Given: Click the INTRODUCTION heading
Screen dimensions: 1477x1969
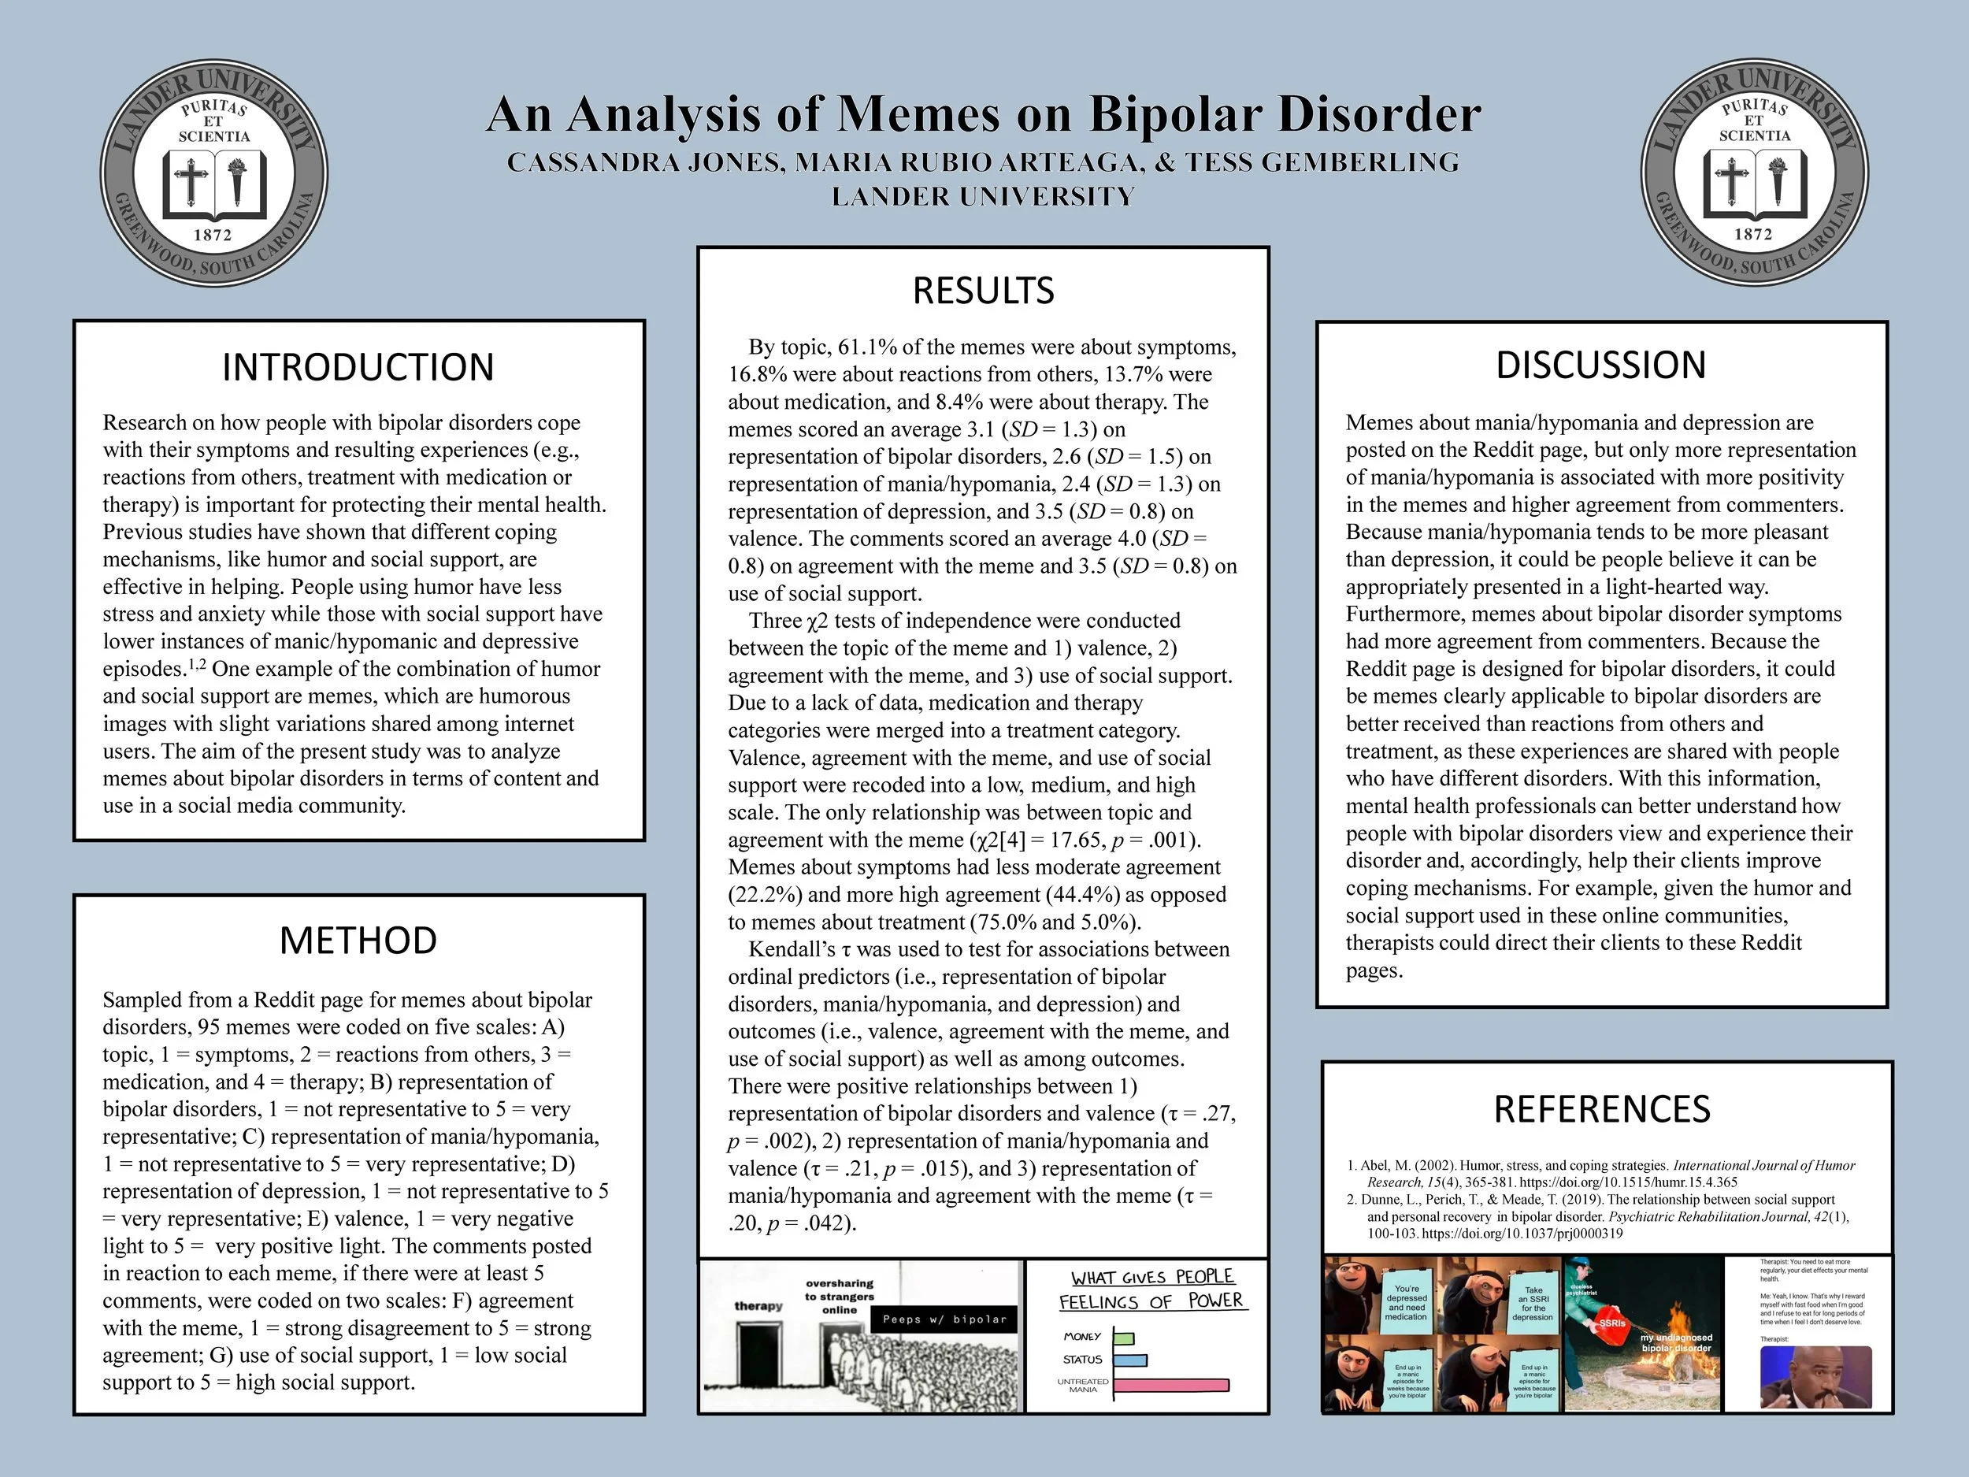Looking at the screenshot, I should (358, 367).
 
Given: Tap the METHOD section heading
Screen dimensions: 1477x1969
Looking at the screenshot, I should (358, 940).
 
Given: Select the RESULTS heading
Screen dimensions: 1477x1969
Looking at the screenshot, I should (983, 290).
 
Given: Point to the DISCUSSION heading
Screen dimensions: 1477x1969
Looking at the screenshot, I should (1600, 365).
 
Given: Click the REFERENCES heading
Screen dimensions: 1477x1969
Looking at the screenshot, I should (1601, 1109).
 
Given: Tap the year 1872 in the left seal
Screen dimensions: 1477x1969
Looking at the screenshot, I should (213, 235).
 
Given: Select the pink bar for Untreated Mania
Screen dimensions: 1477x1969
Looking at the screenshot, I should (1170, 1384).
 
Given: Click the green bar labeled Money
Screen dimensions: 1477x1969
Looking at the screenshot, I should (1123, 1338).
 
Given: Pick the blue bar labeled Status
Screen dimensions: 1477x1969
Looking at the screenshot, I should (1129, 1360).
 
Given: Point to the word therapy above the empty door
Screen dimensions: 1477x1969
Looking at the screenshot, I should (758, 1306).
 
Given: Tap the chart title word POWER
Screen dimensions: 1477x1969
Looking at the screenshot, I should (1215, 1301).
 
